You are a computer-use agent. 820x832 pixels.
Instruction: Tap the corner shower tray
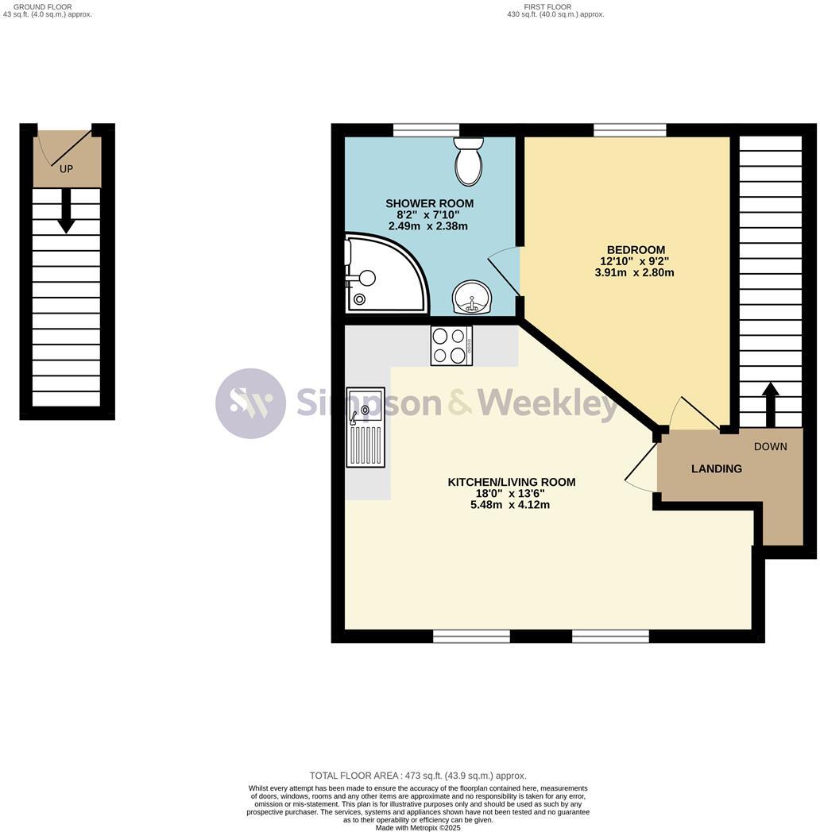tap(381, 274)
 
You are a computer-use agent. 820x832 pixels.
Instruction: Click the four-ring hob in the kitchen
tap(451, 346)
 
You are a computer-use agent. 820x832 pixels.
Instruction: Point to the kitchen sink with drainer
tap(366, 427)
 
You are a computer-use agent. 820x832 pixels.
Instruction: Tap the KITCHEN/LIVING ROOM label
tap(511, 482)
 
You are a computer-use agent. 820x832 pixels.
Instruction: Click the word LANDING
tap(716, 468)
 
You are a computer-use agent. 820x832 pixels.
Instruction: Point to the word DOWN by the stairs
tap(770, 446)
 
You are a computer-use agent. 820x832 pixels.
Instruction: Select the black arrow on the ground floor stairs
tap(66, 212)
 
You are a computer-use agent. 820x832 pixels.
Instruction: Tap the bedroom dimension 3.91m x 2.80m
tap(633, 272)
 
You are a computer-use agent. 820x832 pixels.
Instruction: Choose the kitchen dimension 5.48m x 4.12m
tap(510, 504)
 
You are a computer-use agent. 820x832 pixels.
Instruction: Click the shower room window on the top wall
tap(427, 130)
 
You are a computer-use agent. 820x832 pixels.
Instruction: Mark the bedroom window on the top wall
tap(629, 130)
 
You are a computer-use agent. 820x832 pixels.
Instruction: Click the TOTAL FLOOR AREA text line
tap(418, 776)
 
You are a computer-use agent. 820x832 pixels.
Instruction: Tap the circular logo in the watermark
tap(250, 403)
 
